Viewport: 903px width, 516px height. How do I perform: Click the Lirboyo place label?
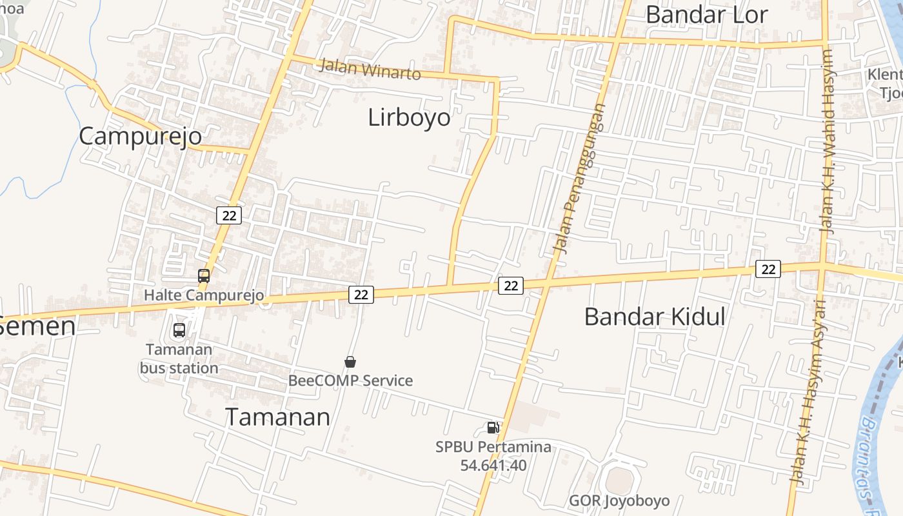pos(409,117)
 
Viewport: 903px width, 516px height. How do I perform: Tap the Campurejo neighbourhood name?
pos(140,136)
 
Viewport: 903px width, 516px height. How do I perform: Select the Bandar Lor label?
pos(706,14)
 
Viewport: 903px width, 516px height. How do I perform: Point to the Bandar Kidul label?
pos(655,317)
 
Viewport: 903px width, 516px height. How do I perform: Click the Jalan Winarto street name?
pos(370,68)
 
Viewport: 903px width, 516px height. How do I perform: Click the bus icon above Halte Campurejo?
pos(204,276)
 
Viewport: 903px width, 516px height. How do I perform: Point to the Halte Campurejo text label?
pos(204,295)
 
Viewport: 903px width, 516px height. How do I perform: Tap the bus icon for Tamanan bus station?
pos(179,330)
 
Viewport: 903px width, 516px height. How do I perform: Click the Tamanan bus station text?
pos(179,359)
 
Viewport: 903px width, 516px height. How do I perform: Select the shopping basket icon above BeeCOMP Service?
pos(350,362)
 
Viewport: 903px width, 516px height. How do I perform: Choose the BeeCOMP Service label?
pos(350,381)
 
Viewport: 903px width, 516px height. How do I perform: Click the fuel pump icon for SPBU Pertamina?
pos(493,427)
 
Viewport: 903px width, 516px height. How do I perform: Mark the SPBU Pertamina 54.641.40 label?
pos(493,456)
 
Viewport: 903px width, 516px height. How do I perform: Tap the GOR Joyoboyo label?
pos(619,501)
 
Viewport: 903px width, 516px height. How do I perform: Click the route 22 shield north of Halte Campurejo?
pos(229,215)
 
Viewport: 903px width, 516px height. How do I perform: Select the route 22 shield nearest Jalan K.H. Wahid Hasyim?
pos(768,269)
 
